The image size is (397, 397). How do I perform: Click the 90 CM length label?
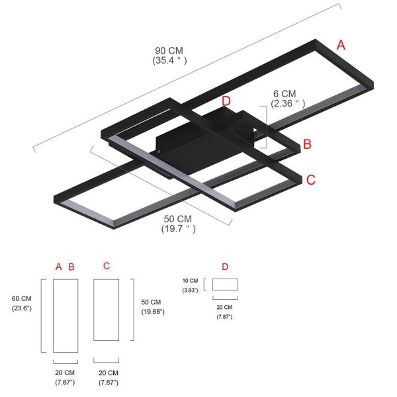[x=169, y=50]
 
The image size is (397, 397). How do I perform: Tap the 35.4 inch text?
[x=169, y=60]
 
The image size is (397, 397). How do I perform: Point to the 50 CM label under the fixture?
[x=178, y=219]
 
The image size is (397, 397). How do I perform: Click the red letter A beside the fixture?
[x=341, y=45]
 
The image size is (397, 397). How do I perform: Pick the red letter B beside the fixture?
[x=307, y=144]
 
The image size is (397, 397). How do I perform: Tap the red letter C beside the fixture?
[x=311, y=179]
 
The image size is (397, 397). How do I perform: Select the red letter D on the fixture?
[x=226, y=101]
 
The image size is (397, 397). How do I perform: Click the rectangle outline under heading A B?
[x=66, y=316]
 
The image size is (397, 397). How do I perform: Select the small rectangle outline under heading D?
[x=226, y=285]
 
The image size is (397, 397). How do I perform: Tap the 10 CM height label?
[x=190, y=281]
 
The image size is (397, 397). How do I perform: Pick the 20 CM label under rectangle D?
[x=224, y=307]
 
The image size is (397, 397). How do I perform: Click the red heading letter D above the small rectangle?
[x=225, y=267]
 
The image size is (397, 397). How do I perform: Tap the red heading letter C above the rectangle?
[x=107, y=266]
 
